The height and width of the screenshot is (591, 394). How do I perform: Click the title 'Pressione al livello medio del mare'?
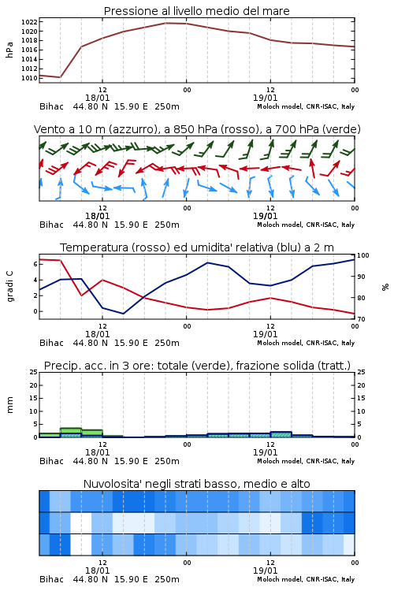click(x=196, y=11)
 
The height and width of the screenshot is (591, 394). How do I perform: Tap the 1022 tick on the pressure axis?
click(x=29, y=22)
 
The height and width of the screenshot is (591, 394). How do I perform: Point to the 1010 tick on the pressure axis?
click(x=29, y=78)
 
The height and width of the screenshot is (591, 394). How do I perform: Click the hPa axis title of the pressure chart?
click(x=9, y=50)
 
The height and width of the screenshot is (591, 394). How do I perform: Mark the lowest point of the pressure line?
click(x=61, y=77)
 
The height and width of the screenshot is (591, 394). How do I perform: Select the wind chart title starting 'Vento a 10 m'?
click(x=197, y=129)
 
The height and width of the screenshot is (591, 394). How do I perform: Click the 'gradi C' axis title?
click(x=9, y=286)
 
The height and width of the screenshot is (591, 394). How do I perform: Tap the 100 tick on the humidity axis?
click(x=362, y=255)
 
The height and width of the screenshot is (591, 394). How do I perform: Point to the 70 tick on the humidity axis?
click(x=361, y=319)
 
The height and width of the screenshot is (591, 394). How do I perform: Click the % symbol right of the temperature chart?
click(x=385, y=287)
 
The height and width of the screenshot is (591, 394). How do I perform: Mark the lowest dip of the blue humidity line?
click(x=123, y=314)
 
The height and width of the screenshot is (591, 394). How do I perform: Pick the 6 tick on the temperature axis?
click(x=35, y=264)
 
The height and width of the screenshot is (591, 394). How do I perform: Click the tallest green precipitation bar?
click(x=71, y=433)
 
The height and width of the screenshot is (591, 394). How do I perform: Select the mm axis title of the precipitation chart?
click(x=9, y=404)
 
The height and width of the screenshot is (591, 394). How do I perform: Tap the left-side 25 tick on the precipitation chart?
click(x=34, y=372)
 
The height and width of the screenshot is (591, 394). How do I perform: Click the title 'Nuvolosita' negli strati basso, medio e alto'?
click(x=196, y=484)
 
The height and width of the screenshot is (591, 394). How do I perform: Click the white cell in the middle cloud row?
click(x=81, y=522)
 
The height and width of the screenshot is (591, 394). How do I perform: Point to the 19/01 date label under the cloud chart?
click(x=265, y=571)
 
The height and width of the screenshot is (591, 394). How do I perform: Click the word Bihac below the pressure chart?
click(x=51, y=106)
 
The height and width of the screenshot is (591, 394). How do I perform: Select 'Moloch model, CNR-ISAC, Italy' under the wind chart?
click(x=306, y=225)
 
